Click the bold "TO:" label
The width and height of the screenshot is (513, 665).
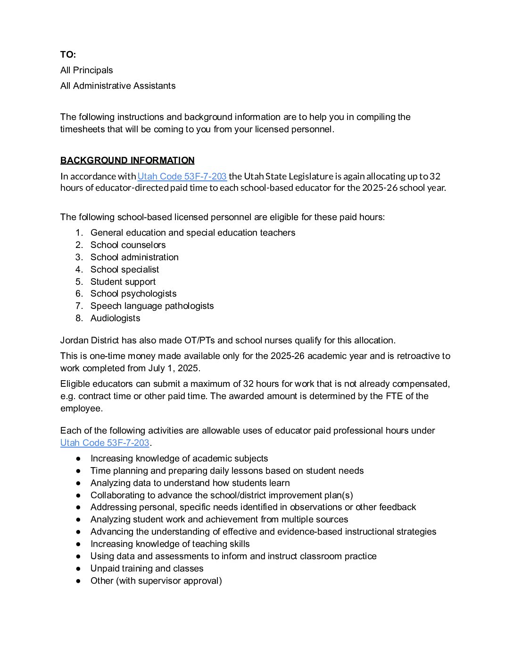point(68,55)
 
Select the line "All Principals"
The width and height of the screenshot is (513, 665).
point(87,70)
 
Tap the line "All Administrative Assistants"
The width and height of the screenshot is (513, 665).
point(118,86)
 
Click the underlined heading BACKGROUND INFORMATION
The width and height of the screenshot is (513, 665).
point(127,161)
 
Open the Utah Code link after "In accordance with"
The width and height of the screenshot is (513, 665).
point(182,177)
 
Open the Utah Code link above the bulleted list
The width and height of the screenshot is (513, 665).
point(105,443)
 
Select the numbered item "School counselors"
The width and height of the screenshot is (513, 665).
point(128,245)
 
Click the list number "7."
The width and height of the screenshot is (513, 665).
point(79,306)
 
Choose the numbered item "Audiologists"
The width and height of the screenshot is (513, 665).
point(115,318)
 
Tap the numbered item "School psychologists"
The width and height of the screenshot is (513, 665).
point(133,294)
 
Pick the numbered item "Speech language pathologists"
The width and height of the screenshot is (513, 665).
point(152,306)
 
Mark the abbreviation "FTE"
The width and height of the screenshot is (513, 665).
point(394,396)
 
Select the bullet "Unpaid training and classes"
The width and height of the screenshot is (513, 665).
point(147,569)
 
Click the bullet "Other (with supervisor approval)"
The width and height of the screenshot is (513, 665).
point(156,581)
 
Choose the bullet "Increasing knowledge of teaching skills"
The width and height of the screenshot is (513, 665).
point(170,544)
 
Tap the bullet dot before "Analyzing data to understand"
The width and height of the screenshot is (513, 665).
point(78,483)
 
